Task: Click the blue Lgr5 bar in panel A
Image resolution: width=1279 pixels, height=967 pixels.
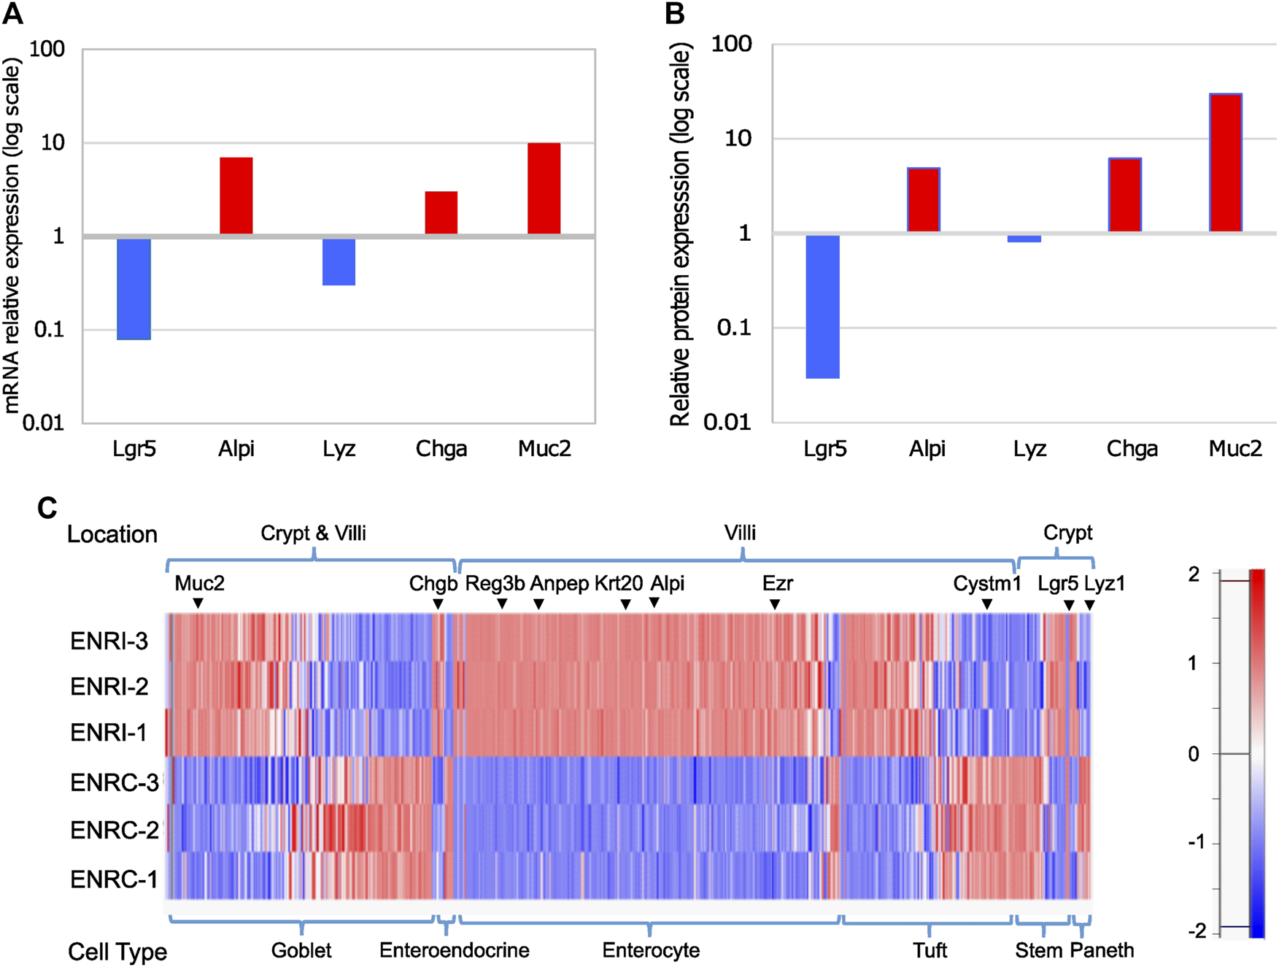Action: pos(134,288)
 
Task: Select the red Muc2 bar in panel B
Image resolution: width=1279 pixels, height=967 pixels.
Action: pos(1226,162)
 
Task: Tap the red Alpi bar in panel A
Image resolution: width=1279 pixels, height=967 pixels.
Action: pos(236,196)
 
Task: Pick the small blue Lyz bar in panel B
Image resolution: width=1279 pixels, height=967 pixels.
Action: pos(1029,239)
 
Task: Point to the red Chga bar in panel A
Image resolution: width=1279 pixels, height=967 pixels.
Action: pos(441,212)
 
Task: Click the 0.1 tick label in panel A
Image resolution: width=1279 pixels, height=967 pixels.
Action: pos(49,329)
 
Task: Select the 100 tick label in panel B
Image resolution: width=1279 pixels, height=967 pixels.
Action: pos(731,44)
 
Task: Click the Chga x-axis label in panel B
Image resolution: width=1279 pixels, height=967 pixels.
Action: pos(1132,448)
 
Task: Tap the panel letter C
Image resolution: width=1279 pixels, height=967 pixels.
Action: pos(47,508)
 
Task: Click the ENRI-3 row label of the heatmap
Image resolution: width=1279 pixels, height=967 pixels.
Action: pos(109,641)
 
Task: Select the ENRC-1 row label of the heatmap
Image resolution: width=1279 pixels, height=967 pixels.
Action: pos(114,879)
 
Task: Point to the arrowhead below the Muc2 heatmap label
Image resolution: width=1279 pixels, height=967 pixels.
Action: pos(198,604)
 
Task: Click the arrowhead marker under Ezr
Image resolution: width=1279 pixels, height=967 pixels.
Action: pos(775,604)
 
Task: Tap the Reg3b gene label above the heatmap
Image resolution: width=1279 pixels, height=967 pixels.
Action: pos(495,583)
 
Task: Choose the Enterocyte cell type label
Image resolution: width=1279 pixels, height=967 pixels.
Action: pos(651,950)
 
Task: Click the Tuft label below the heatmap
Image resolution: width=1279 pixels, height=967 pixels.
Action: pos(930,950)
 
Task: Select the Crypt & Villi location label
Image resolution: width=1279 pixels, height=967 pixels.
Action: pos(313,533)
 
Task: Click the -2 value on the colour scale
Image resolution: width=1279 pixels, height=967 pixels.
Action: pos(1197,931)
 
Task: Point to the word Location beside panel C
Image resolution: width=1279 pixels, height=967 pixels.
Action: pos(112,534)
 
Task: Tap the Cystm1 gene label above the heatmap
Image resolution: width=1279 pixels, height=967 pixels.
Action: pos(987,583)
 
